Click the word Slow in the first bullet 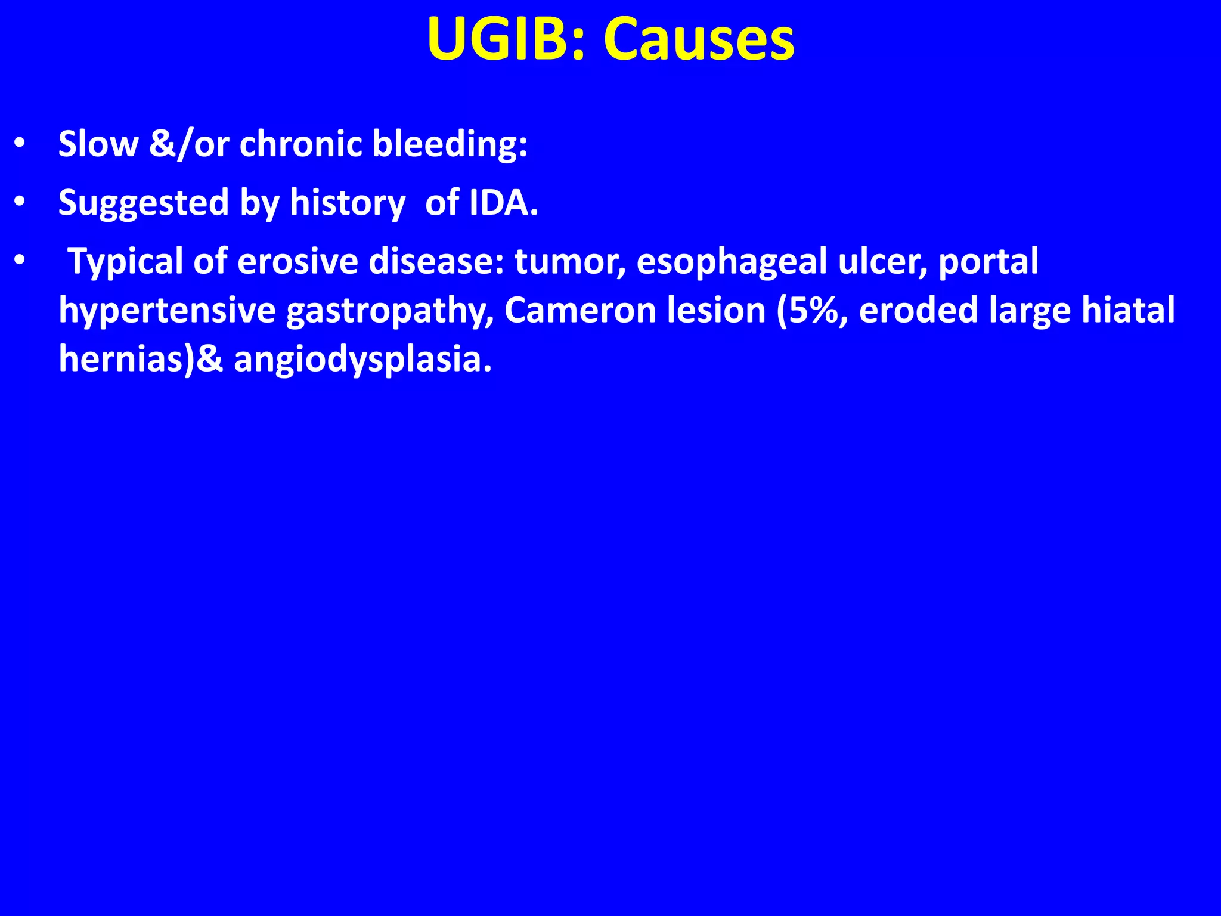(98, 144)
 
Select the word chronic (300, 144)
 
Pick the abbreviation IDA (503, 203)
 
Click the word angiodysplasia (362, 360)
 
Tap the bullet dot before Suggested (20, 203)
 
